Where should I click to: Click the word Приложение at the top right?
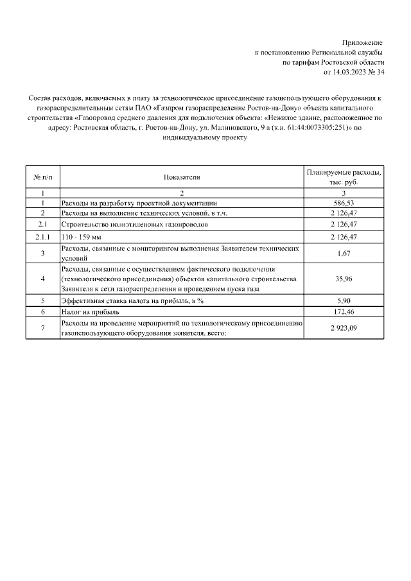363,41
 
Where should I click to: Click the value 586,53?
344,203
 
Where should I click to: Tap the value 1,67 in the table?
344,254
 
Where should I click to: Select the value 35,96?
344,279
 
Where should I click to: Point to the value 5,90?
344,300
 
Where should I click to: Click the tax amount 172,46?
344,311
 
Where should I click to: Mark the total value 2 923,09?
344,329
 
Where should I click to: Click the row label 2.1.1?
42,238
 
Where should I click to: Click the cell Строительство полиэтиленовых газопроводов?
134,225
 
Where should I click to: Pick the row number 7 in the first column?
42,329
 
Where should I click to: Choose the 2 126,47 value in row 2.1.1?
344,238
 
